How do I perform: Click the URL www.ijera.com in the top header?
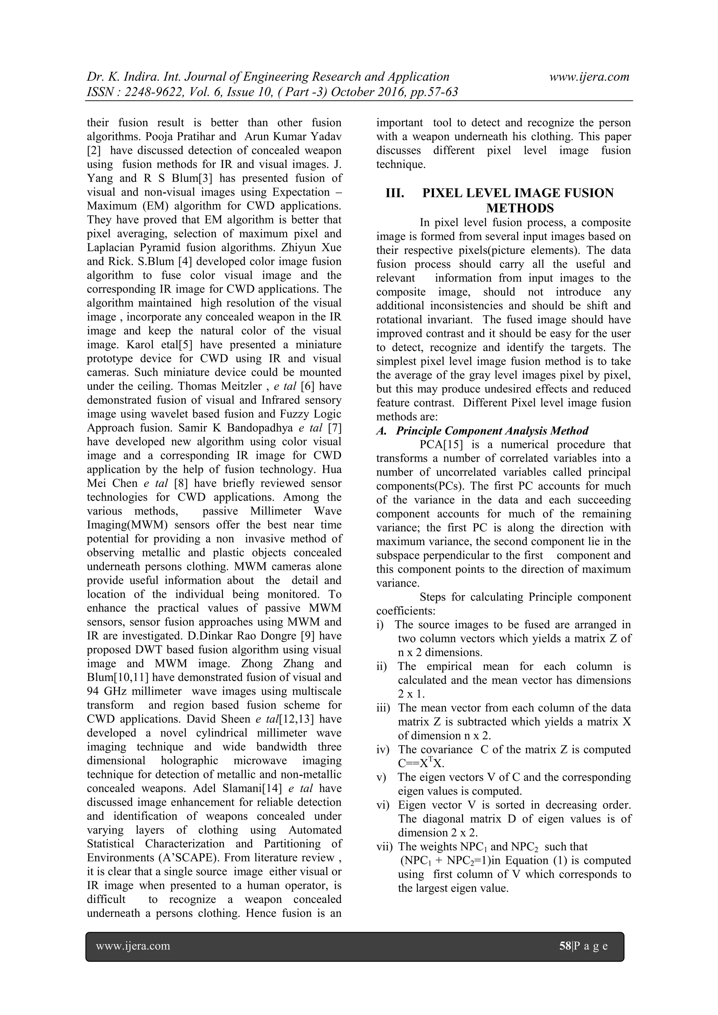[589, 77]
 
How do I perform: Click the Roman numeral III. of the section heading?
[395, 193]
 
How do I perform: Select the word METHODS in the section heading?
[520, 208]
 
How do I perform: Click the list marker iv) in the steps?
[383, 750]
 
